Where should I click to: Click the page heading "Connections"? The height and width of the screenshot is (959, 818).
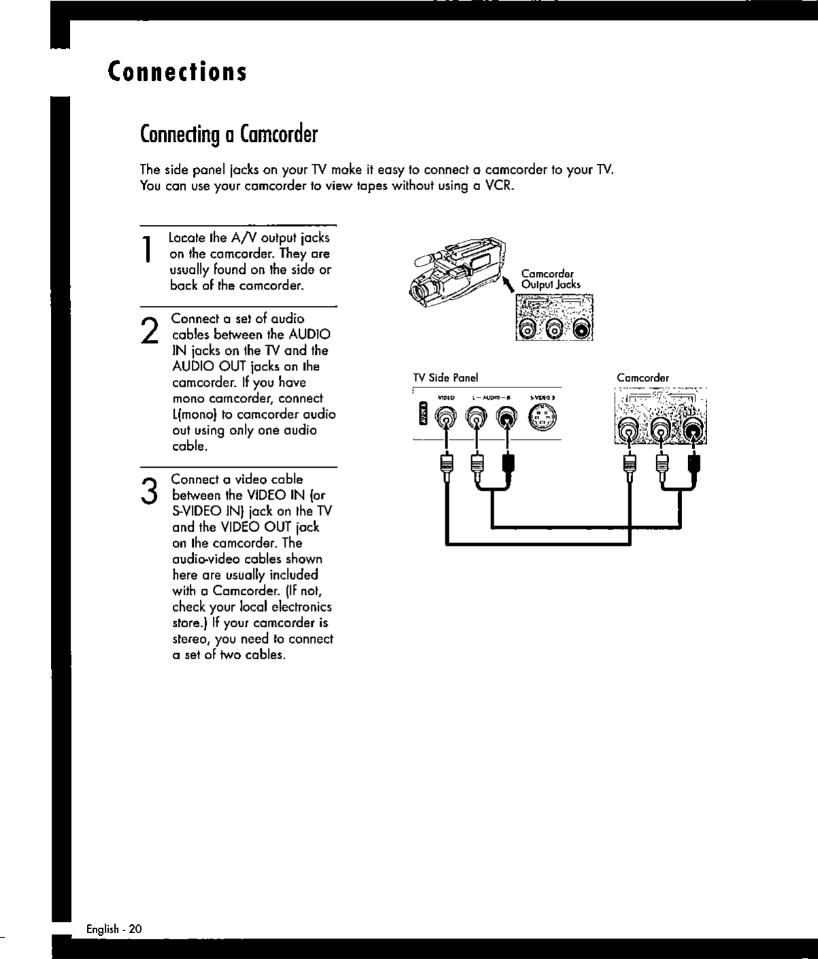[x=177, y=71]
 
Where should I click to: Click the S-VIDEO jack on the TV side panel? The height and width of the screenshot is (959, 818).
[x=542, y=417]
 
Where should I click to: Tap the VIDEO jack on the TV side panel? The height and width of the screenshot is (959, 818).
[x=446, y=416]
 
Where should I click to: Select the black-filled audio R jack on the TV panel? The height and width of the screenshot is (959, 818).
[x=507, y=417]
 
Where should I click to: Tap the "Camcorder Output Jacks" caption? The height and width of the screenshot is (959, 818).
[x=550, y=279]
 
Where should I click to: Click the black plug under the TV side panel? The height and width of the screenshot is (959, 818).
[x=507, y=466]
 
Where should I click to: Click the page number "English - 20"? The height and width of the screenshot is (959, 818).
[x=114, y=929]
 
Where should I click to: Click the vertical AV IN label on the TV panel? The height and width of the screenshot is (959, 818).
[x=422, y=414]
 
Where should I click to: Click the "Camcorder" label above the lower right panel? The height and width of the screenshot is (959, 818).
[x=643, y=378]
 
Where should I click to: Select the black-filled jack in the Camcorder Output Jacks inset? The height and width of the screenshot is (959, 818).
[x=583, y=331]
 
